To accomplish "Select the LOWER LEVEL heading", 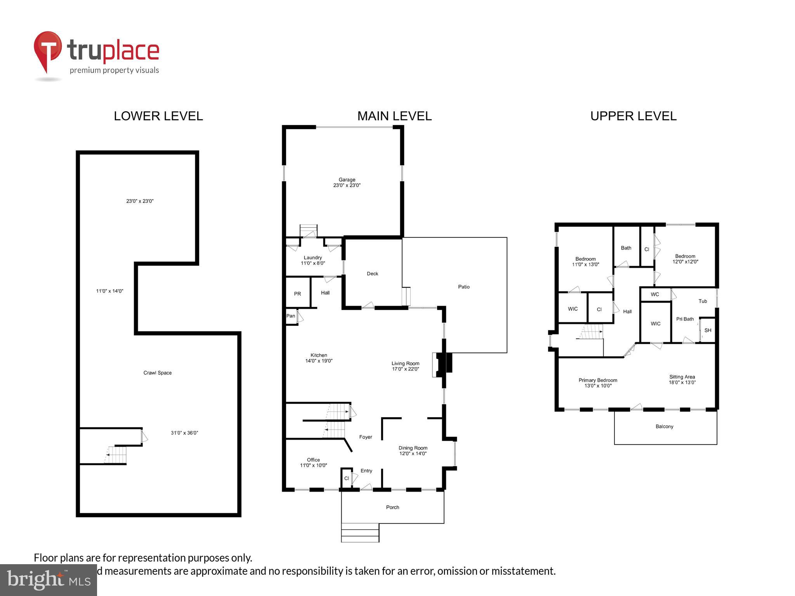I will (x=158, y=116).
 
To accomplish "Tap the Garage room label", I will (x=347, y=182).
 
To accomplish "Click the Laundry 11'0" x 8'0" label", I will (x=313, y=260).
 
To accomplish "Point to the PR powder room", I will (x=297, y=294).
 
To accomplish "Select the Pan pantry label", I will (x=291, y=316).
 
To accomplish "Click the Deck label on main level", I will (x=372, y=274).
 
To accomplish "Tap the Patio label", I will (x=463, y=287).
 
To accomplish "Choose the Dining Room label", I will (x=413, y=450).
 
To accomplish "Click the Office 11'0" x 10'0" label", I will (x=313, y=463).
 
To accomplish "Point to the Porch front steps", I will (x=360, y=533).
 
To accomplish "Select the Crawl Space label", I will (x=157, y=373).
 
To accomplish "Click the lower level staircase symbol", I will (x=116, y=454).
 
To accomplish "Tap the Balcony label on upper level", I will (x=664, y=426).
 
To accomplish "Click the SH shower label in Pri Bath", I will (x=708, y=331).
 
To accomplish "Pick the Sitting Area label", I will (x=682, y=379).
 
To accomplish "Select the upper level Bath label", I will (x=626, y=248).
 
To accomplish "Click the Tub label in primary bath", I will (x=703, y=301).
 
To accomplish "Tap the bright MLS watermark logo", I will (x=49, y=580).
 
